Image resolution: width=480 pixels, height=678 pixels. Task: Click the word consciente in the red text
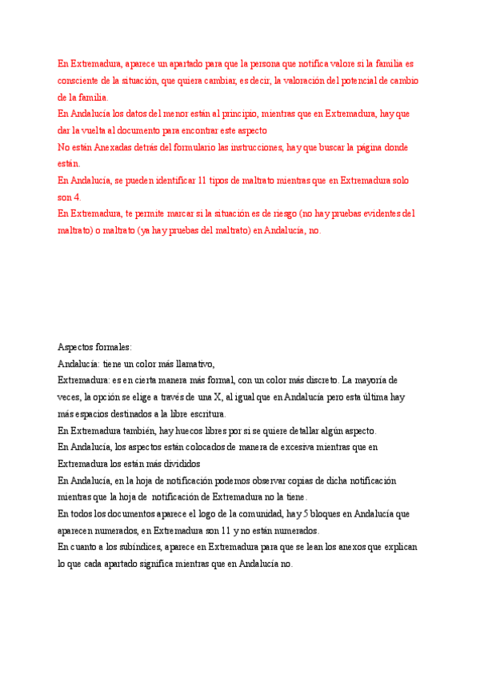click(x=78, y=80)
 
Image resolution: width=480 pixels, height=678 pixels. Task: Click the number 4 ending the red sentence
click(x=78, y=197)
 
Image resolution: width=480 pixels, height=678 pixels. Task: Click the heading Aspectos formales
click(x=95, y=347)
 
